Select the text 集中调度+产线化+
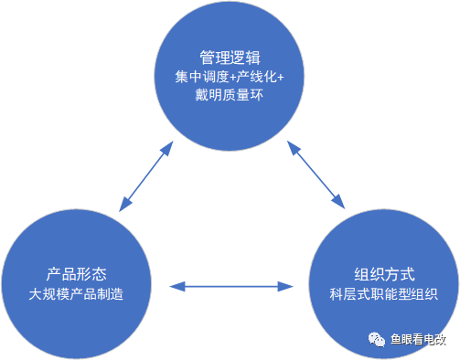pos(230,76)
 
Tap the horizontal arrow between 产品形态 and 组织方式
pos(230,287)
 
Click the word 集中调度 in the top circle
pos(196,76)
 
